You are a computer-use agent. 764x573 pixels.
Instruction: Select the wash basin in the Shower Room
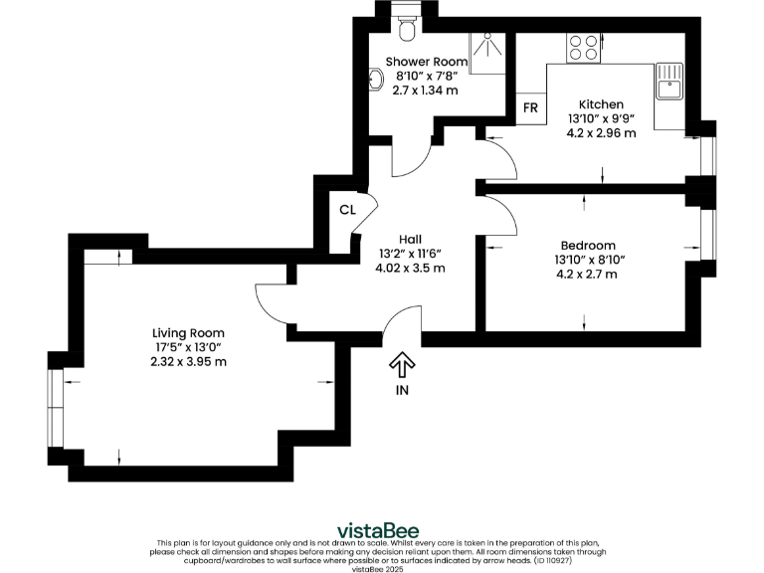[376, 78]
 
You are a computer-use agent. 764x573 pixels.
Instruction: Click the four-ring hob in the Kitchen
[582, 47]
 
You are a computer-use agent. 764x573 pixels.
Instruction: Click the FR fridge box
[530, 107]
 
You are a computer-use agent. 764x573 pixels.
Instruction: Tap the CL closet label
[347, 209]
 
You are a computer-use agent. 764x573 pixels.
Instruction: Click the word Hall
[410, 239]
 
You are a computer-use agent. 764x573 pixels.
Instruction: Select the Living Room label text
[188, 332]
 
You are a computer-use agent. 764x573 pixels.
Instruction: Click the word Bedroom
[587, 245]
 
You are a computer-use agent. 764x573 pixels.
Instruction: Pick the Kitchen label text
[601, 104]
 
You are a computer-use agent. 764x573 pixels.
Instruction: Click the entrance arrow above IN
[401, 364]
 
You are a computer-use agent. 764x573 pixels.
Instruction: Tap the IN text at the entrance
[401, 390]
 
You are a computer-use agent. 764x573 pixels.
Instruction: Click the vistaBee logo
[378, 529]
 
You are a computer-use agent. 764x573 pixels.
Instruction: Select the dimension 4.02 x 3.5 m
[410, 268]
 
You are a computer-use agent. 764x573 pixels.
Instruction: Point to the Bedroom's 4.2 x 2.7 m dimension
[587, 274]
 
